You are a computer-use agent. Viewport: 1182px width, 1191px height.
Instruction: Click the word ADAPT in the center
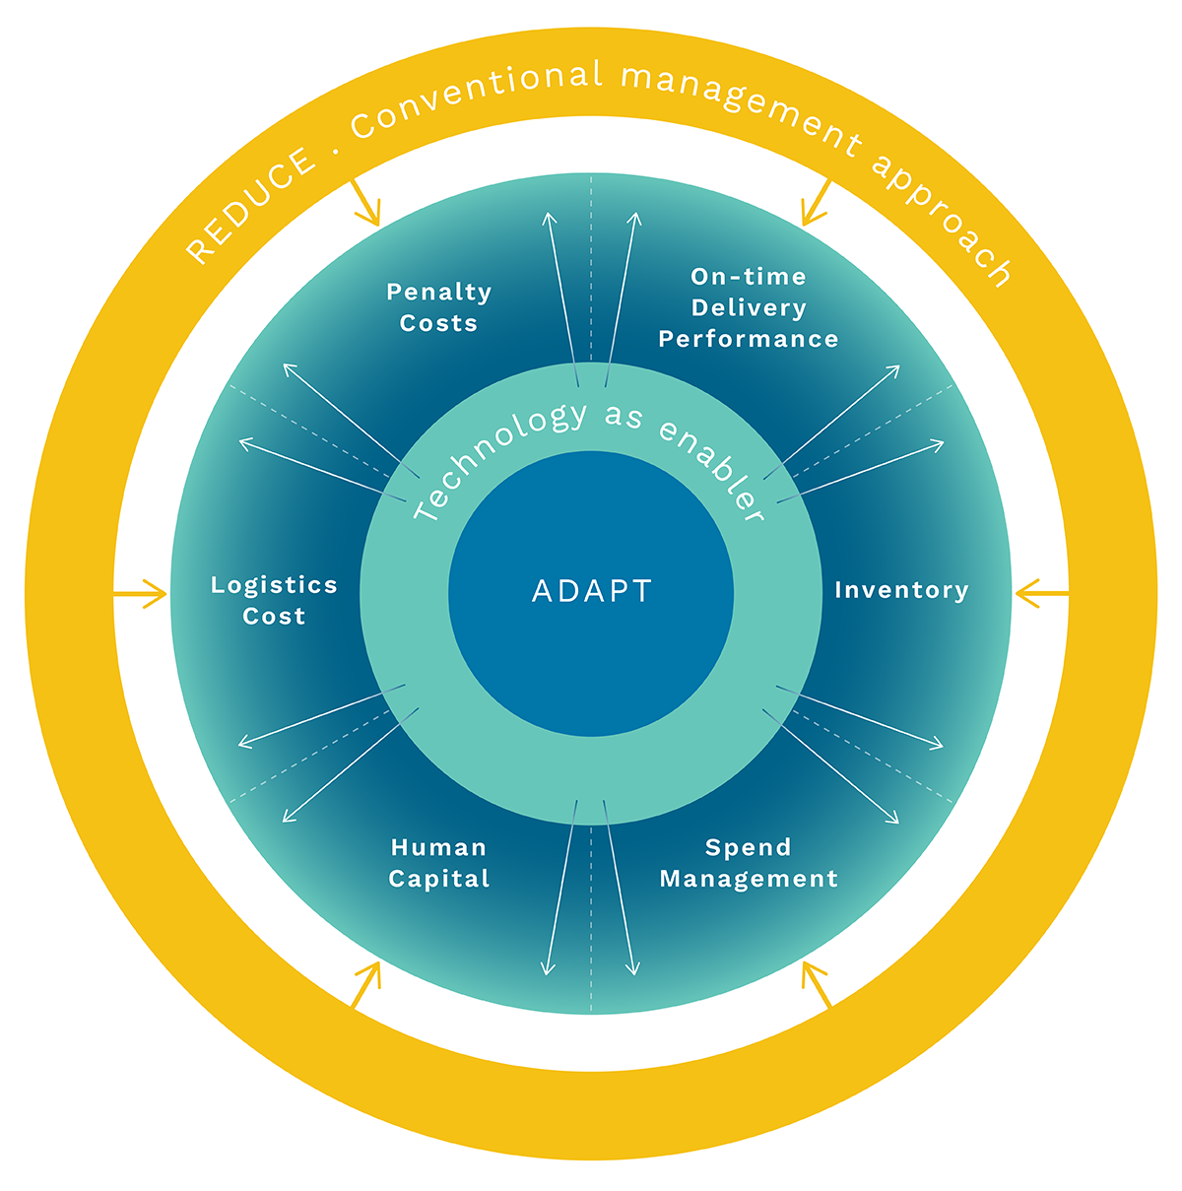[x=591, y=591]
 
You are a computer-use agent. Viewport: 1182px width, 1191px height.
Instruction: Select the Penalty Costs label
[x=438, y=307]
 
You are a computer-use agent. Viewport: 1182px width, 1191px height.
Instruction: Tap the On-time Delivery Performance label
[x=749, y=307]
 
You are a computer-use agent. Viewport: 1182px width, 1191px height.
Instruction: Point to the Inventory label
[x=901, y=590]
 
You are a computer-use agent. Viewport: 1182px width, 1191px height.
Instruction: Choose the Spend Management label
[x=749, y=863]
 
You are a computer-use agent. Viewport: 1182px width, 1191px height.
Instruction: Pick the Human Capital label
[x=438, y=863]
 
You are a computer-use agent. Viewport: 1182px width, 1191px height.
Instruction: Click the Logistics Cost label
[x=275, y=600]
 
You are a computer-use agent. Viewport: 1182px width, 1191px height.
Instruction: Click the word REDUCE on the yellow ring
[x=251, y=206]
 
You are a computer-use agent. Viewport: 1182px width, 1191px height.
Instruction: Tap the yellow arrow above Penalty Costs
[x=365, y=202]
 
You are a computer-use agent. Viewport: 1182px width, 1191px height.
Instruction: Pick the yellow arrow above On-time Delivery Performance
[x=817, y=203]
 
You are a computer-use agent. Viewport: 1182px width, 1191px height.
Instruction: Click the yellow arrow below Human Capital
[x=366, y=984]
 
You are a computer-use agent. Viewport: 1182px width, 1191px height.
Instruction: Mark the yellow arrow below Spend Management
[x=816, y=984]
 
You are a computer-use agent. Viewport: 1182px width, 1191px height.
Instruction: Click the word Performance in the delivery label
[x=749, y=339]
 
